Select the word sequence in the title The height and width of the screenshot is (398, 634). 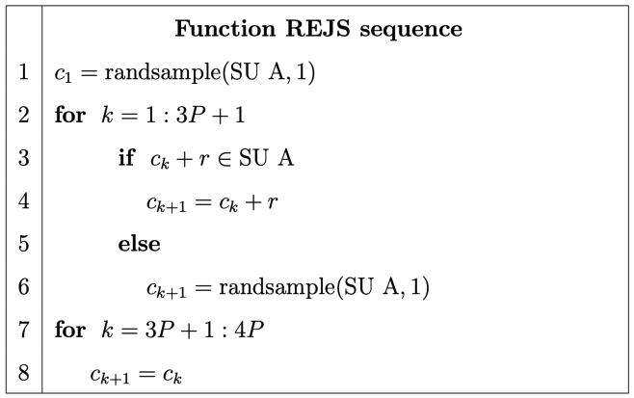pyautogui.click(x=417, y=30)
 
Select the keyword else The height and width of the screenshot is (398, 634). pyautogui.click(x=139, y=244)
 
